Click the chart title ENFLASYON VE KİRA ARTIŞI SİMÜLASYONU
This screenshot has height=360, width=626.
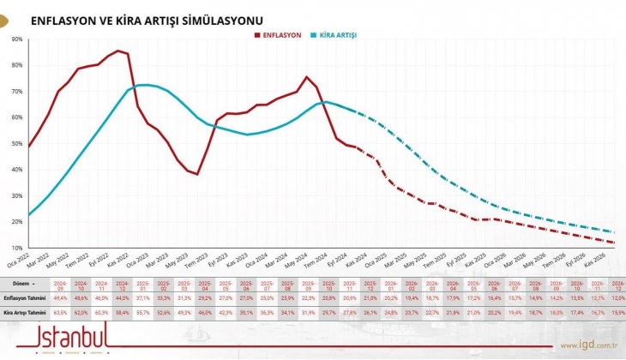147,19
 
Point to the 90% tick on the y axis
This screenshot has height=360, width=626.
17,39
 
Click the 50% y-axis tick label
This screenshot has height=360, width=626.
17,144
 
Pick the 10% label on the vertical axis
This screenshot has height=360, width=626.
17,249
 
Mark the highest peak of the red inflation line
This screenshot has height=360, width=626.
118,51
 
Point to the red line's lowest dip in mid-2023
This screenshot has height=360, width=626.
197,174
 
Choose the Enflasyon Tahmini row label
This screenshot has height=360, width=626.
24,297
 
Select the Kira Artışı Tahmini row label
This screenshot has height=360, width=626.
24,313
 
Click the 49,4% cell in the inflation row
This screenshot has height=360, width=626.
60,297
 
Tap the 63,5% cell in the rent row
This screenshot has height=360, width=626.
60,313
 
